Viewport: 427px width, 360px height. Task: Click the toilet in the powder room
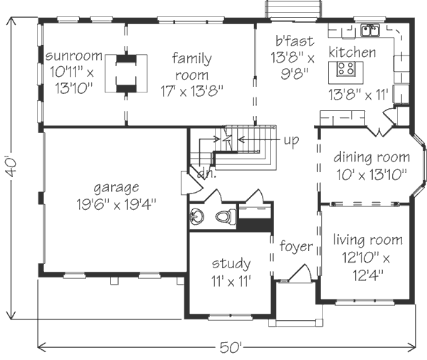pos(226,216)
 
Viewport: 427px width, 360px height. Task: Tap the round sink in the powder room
pos(196,217)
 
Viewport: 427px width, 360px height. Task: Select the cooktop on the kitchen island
pos(346,68)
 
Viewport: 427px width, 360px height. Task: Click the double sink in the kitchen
pos(370,30)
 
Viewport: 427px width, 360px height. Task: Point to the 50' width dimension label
pos(231,347)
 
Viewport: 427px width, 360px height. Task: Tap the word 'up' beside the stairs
pos(291,141)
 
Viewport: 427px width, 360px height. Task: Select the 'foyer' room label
pos(296,246)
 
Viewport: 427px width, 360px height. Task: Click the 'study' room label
pos(231,264)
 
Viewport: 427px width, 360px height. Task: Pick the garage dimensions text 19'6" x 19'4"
pos(116,204)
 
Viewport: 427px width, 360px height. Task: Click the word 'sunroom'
pos(73,55)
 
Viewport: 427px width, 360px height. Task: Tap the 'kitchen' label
pos(352,52)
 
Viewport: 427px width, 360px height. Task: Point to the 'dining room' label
pos(371,157)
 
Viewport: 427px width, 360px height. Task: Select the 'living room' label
pos(368,240)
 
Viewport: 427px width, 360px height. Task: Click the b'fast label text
pos(295,41)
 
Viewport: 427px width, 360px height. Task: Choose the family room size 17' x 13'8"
pos(191,91)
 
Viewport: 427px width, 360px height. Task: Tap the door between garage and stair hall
pos(192,182)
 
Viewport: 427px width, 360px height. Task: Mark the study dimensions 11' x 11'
pos(231,281)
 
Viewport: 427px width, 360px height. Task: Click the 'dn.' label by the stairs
pos(206,174)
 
